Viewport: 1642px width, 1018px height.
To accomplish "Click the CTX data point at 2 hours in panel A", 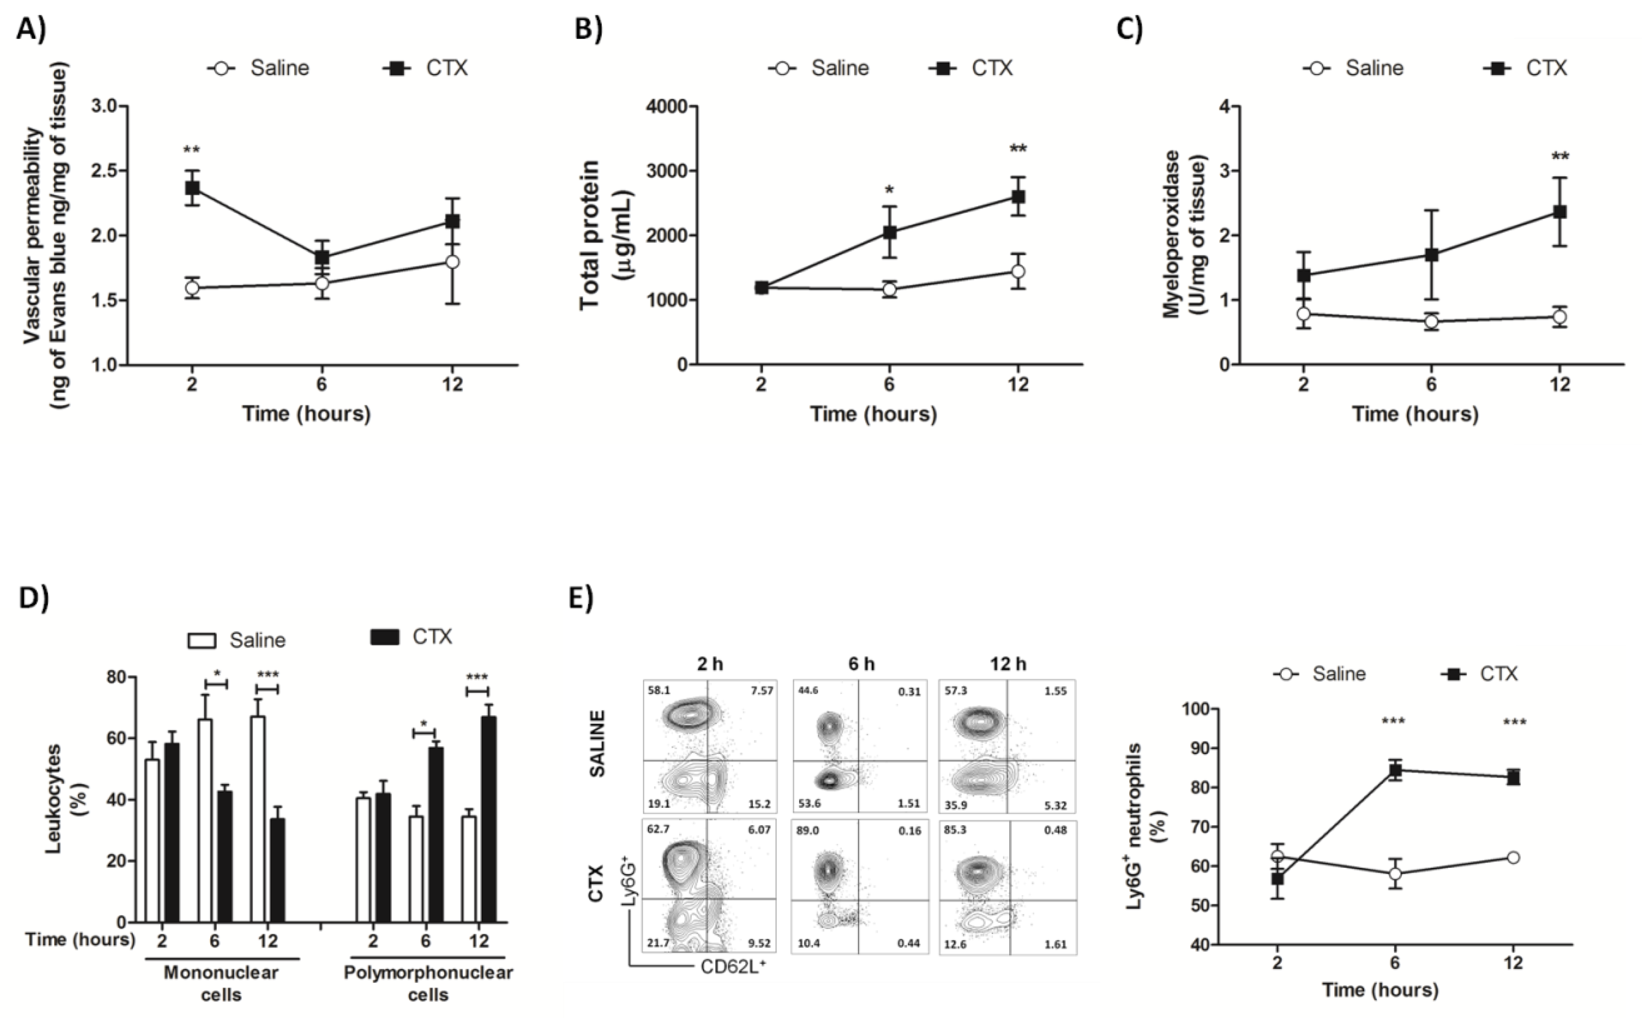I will (192, 187).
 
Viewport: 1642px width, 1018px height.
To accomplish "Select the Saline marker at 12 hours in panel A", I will (453, 261).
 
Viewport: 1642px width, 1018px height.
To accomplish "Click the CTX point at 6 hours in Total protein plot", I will (889, 232).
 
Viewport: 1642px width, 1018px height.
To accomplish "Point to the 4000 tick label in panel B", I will (667, 106).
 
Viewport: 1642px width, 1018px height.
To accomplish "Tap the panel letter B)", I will (588, 30).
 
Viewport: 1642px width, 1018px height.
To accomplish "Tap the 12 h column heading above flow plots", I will (1008, 664).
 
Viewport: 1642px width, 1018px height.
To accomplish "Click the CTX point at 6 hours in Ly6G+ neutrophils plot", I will (1395, 770).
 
